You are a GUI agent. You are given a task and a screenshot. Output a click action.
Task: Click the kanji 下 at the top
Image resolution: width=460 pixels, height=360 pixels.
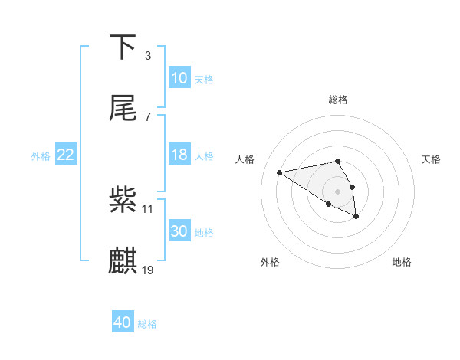[123, 47]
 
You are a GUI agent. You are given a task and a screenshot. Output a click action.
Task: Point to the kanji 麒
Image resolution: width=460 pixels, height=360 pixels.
[123, 261]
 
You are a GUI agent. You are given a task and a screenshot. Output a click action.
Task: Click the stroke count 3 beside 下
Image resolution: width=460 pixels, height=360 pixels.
[148, 56]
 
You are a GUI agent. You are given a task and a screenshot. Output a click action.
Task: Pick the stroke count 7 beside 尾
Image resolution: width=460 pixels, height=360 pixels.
[148, 117]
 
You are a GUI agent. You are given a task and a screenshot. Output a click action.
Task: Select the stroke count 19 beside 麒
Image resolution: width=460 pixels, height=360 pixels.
[148, 270]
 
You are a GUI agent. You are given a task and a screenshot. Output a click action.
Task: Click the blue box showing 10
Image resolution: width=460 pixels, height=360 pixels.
[179, 78]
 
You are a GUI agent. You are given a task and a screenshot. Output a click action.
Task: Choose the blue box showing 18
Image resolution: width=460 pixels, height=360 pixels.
[179, 155]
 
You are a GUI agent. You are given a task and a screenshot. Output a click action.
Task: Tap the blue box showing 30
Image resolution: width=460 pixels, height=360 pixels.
[179, 231]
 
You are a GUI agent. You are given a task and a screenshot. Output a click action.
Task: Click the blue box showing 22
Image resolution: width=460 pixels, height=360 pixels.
[66, 155]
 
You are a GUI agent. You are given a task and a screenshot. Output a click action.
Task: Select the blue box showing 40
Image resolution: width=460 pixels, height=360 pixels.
[123, 323]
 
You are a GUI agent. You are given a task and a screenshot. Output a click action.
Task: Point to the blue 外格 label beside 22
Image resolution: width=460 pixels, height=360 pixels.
[41, 155]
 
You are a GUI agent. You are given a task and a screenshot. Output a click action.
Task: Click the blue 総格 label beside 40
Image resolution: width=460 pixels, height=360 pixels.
[147, 324]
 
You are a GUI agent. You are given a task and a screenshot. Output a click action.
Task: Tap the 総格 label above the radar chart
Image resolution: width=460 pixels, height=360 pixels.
[338, 100]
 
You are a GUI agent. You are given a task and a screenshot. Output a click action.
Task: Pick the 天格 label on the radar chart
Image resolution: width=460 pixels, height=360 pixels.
[431, 159]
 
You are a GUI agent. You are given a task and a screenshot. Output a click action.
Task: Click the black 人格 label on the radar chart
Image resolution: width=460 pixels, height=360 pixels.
[245, 159]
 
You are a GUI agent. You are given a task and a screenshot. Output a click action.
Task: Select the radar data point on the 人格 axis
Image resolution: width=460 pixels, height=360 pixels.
[280, 172]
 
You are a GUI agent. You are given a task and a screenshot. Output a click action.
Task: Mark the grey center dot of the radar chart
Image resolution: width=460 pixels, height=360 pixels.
[338, 191]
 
